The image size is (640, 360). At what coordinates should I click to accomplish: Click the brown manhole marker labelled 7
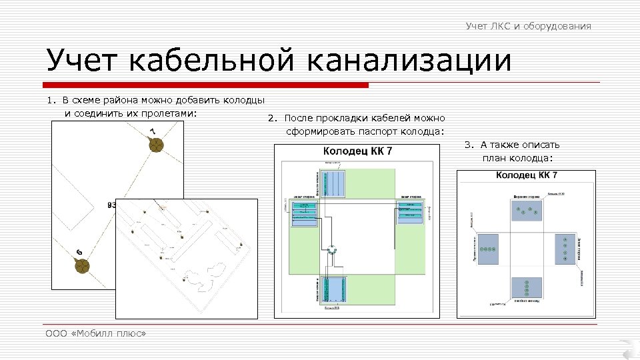[157, 144]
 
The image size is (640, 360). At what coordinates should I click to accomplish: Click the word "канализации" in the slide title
[410, 61]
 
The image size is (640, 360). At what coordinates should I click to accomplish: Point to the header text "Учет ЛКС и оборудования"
[528, 26]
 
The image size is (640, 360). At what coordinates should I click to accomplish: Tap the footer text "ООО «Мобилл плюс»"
[95, 333]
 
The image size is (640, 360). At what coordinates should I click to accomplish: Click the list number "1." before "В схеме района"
[51, 101]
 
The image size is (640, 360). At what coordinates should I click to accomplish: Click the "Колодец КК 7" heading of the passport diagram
[358, 151]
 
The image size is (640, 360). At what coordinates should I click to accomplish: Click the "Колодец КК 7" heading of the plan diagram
[527, 175]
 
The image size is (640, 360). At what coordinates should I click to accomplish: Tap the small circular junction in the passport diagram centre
[332, 251]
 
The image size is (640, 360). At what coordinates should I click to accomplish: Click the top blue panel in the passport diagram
[333, 181]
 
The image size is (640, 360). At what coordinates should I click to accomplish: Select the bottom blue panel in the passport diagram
[333, 289]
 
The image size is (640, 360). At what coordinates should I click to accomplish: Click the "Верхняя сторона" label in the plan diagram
[527, 198]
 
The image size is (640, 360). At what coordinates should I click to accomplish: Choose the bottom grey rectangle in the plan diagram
[527, 287]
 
